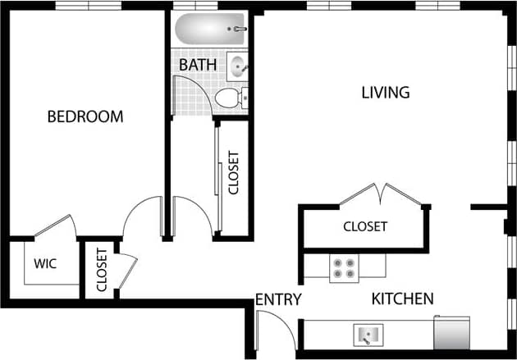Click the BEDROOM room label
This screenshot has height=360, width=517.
click(85, 116)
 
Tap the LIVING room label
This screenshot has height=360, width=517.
click(385, 92)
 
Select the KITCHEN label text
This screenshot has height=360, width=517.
click(402, 298)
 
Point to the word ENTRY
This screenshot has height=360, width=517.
click(278, 299)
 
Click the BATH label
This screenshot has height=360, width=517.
click(198, 64)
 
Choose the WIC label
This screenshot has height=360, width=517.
click(44, 264)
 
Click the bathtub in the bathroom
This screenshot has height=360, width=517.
click(210, 30)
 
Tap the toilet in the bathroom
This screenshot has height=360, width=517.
click(230, 99)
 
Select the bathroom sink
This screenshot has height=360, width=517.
click(238, 66)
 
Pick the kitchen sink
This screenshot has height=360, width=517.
click(368, 335)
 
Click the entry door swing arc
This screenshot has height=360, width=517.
click(279, 328)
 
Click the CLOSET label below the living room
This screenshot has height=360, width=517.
click(365, 226)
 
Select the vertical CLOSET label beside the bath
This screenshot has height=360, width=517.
click(233, 172)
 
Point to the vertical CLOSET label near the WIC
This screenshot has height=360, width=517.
click(102, 270)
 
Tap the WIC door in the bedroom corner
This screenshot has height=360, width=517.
click(56, 226)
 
